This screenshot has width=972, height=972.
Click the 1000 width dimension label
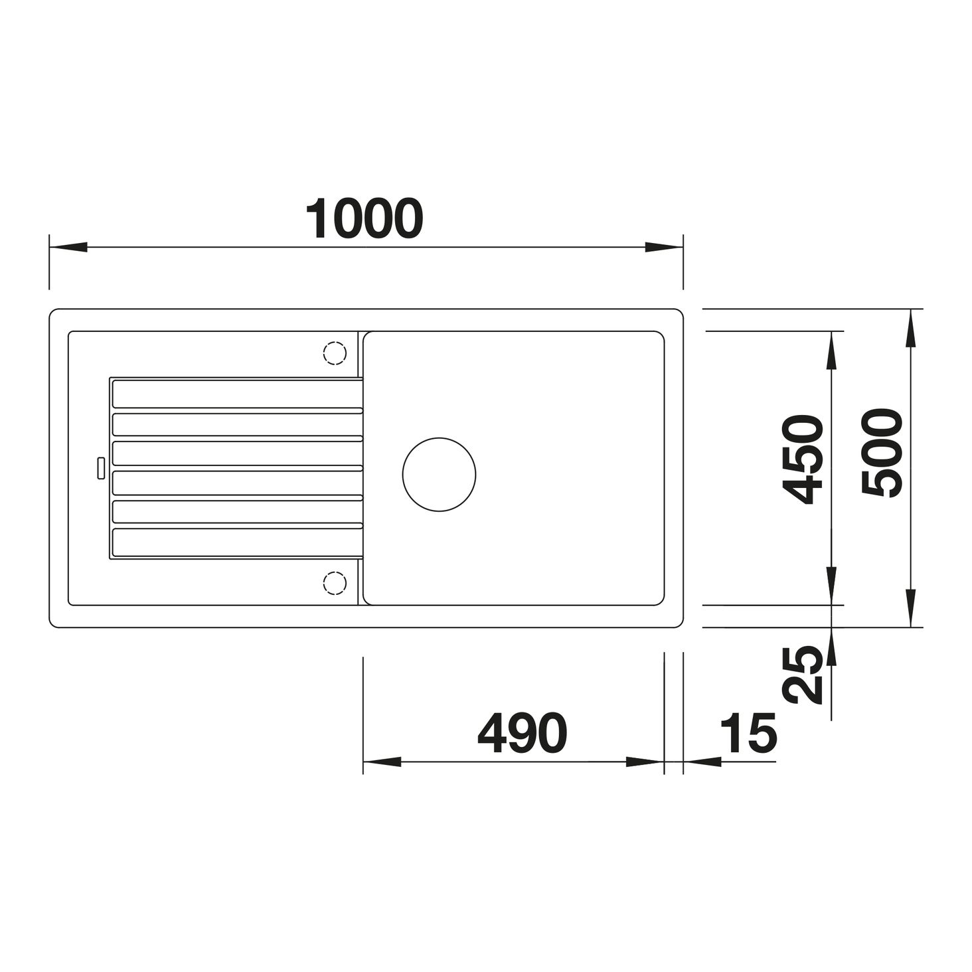click(364, 219)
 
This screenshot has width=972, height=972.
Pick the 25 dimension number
click(802, 675)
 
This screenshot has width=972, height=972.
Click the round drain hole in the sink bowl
click(439, 474)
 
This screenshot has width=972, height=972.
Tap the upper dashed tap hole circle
click(335, 353)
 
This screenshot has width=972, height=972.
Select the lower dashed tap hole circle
click(335, 583)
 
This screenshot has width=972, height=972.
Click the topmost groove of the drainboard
click(238, 394)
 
